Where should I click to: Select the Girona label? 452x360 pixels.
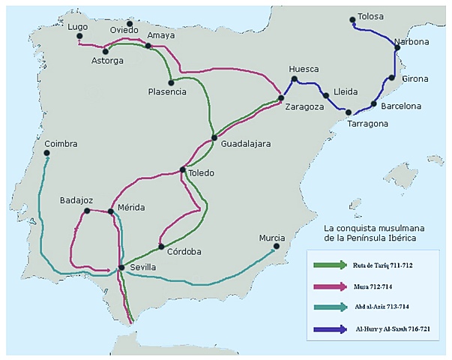click(x=415, y=79)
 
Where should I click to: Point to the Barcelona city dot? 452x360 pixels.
click(x=373, y=104)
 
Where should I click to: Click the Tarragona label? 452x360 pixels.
click(x=367, y=124)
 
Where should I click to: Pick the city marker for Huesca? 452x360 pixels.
click(x=295, y=79)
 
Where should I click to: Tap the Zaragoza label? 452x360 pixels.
click(x=304, y=107)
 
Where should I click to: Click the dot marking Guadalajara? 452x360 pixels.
click(x=214, y=138)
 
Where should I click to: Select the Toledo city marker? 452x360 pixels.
click(x=183, y=170)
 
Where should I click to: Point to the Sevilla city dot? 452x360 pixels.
click(x=121, y=268)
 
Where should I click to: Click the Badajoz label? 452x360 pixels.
click(x=76, y=200)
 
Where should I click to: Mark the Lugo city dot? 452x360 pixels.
click(x=79, y=36)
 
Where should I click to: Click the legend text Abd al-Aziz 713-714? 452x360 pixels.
click(x=388, y=307)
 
